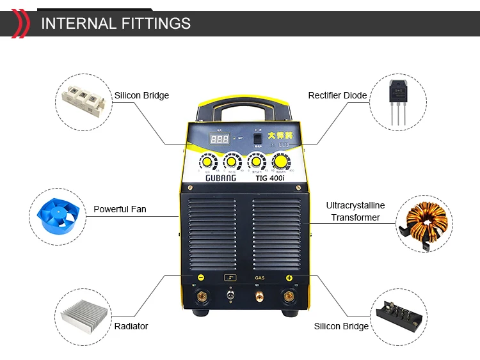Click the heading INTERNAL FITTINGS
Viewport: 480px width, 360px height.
pyautogui.click(x=116, y=24)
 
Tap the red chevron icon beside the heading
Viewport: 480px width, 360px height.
pyautogui.click(x=20, y=24)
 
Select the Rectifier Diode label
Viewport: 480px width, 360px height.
pyautogui.click(x=337, y=95)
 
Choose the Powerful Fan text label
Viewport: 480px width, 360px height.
pyautogui.click(x=120, y=209)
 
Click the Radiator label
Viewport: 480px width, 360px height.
pyautogui.click(x=131, y=326)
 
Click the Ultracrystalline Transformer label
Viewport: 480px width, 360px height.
pyautogui.click(x=355, y=212)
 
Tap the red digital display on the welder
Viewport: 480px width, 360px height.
pyautogui.click(x=220, y=139)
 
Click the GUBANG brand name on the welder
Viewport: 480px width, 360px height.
pyautogui.click(x=221, y=178)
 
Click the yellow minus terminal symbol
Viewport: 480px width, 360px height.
pyautogui.click(x=200, y=278)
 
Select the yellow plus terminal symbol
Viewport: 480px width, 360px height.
pyautogui.click(x=289, y=278)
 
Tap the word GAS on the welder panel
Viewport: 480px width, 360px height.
pyautogui.click(x=260, y=278)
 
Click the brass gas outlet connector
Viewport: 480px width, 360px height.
pyautogui.click(x=260, y=296)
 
